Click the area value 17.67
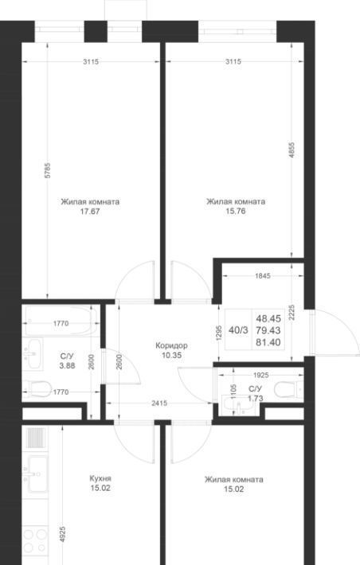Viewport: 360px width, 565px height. pos(90,212)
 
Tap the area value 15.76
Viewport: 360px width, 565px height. pos(236,211)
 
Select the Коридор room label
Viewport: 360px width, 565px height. pos(171,345)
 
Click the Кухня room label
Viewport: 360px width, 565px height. pos(100,478)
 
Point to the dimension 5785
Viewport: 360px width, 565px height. pos(49,170)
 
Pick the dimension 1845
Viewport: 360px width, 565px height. pos(262,276)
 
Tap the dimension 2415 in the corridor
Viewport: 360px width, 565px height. pos(159,403)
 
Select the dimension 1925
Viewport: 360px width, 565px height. pos(260,375)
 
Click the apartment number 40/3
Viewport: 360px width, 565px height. pos(238,330)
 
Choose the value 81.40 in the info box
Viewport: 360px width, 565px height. pos(268,342)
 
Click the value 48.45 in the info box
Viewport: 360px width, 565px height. pos(268,318)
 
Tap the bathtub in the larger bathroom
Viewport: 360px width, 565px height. pos(61,321)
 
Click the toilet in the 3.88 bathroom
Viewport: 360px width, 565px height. pos(37,388)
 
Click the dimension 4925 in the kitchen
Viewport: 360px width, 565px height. pos(63,538)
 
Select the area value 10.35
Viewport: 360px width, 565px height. pos(171,355)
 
